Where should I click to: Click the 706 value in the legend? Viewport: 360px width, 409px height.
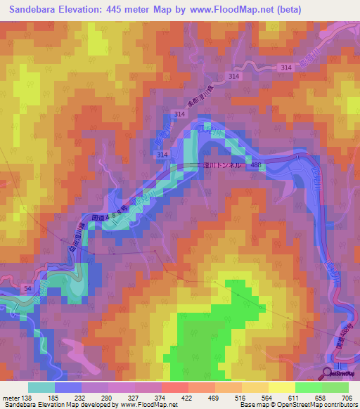tap(347, 397)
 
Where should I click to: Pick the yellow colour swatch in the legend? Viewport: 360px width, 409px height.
tap(282, 387)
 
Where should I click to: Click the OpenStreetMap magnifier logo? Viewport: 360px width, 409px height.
tap(328, 373)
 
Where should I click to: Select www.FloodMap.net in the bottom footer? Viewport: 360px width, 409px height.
tap(149, 405)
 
